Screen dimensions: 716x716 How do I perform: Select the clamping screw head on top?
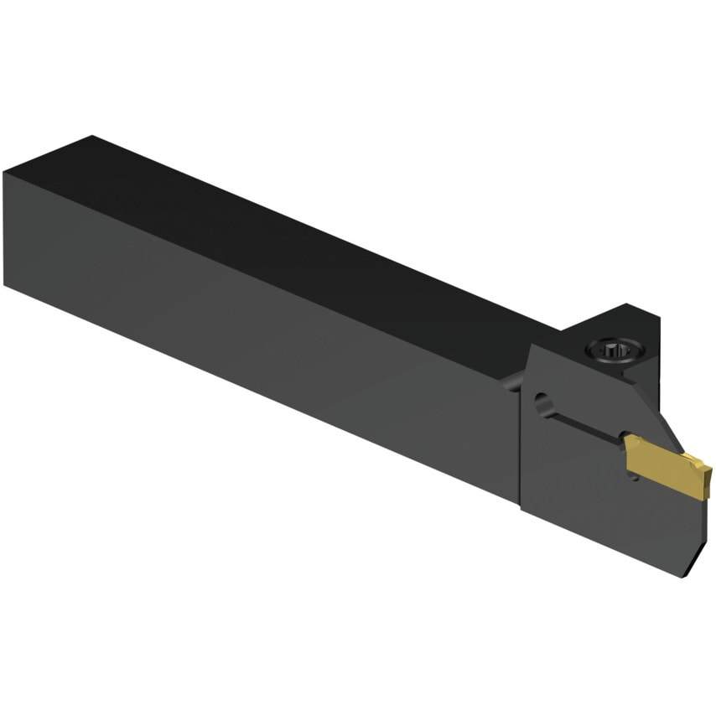pos(610,350)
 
